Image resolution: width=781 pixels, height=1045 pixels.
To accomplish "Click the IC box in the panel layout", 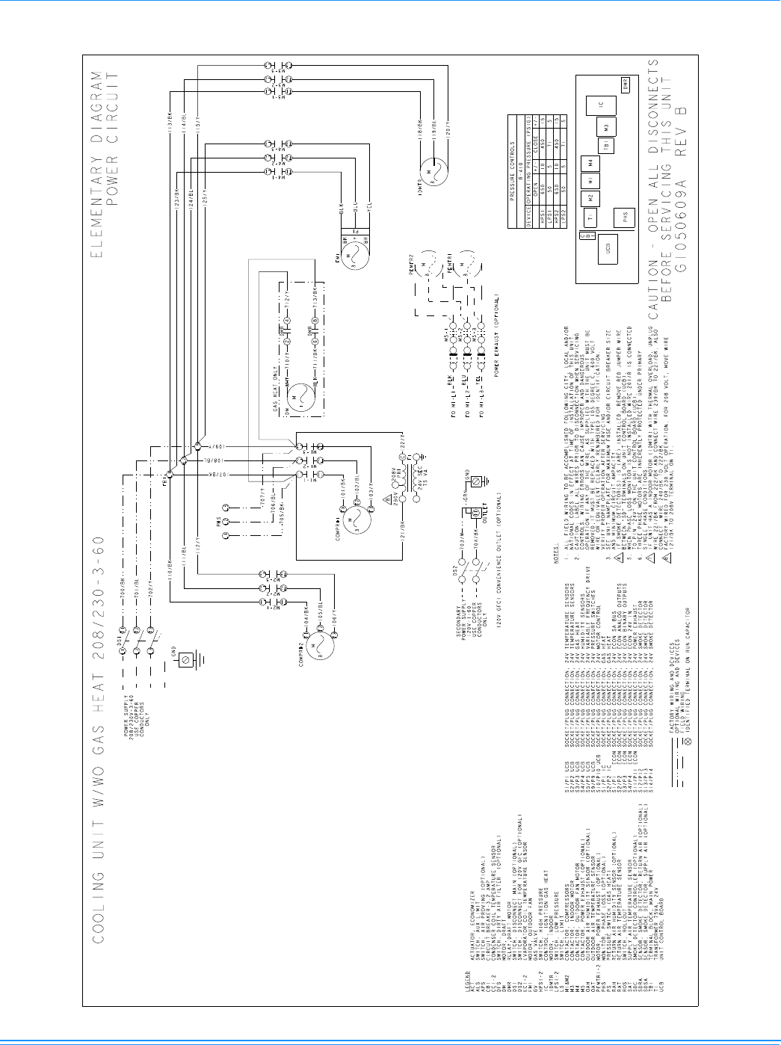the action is coord(601,107).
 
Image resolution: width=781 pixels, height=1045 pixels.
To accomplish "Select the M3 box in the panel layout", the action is coord(607,128).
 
